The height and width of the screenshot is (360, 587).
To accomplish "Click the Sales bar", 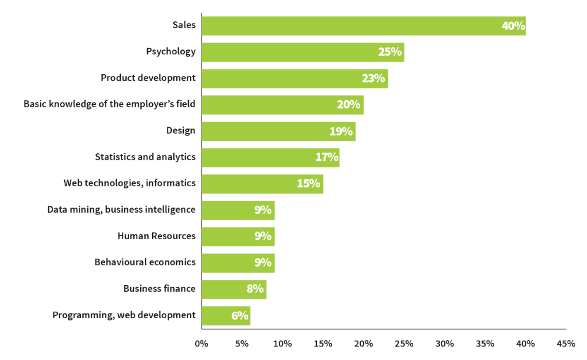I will coord(363,26).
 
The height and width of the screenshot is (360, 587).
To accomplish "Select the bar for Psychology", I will coord(302,52).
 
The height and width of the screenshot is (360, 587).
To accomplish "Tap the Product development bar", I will coord(294,78).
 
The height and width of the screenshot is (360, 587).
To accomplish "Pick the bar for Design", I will coord(278,131).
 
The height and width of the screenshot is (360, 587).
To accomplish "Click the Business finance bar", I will coord(233,289).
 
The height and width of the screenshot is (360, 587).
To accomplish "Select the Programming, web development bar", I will coord(225,316).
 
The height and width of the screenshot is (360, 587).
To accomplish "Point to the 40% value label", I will coord(513,26).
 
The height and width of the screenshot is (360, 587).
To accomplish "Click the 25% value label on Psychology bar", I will coord(390,52).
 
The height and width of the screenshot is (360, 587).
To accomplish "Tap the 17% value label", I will coord(327,157).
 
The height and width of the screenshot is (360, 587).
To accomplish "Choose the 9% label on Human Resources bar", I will coord(263,236).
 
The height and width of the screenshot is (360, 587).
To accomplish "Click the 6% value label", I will coord(239,316).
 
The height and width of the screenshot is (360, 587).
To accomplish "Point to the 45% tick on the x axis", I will coord(566,344).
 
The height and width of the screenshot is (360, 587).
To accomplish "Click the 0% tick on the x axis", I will coord(202,344).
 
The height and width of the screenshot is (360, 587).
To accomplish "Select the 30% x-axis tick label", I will coord(444,344).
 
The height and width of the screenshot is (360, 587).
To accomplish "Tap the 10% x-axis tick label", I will coord(282,344).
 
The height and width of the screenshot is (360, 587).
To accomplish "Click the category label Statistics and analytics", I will coord(145,157).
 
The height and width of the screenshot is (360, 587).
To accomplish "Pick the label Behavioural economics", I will coord(145,262).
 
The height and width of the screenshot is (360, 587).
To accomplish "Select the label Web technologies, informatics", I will coord(130,183).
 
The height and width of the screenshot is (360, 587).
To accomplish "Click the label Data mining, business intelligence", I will coord(121,209).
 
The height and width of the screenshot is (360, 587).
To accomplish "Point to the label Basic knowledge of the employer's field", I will coord(110,104).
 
